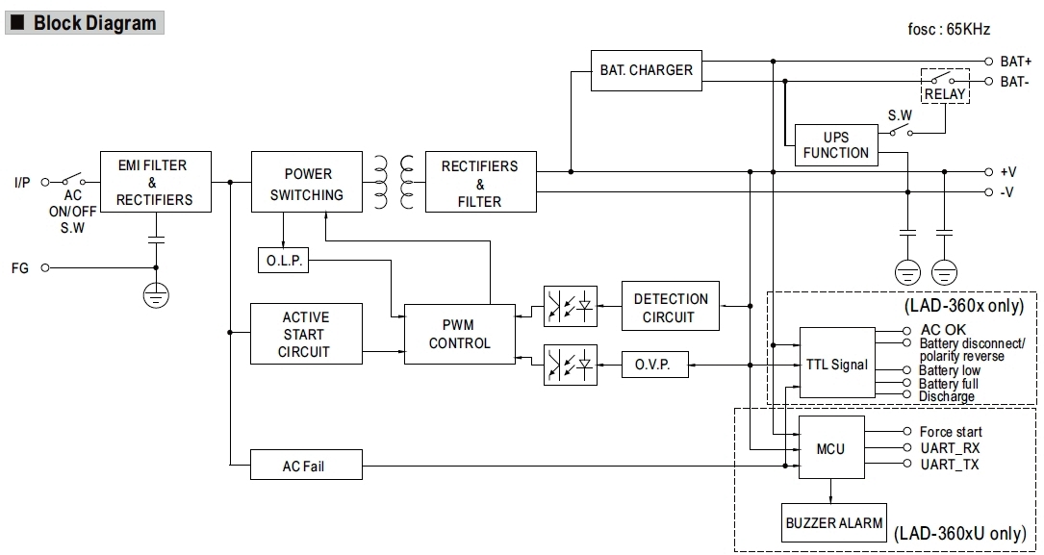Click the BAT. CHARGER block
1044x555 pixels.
click(646, 70)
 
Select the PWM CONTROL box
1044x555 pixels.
click(459, 334)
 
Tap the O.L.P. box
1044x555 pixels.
click(283, 260)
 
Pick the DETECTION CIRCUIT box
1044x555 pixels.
click(671, 308)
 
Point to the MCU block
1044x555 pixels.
click(830, 448)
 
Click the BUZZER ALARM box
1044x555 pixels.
click(833, 522)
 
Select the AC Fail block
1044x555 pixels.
click(306, 466)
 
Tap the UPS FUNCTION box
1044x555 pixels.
click(835, 145)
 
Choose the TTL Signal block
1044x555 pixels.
click(836, 365)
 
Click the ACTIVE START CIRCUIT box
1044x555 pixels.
click(305, 334)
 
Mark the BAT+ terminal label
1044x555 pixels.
click(1015, 61)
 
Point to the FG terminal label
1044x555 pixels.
click(19, 268)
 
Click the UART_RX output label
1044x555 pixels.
click(949, 448)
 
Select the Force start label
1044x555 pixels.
click(950, 432)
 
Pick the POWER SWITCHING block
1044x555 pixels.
click(307, 184)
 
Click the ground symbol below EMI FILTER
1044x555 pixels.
click(154, 294)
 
